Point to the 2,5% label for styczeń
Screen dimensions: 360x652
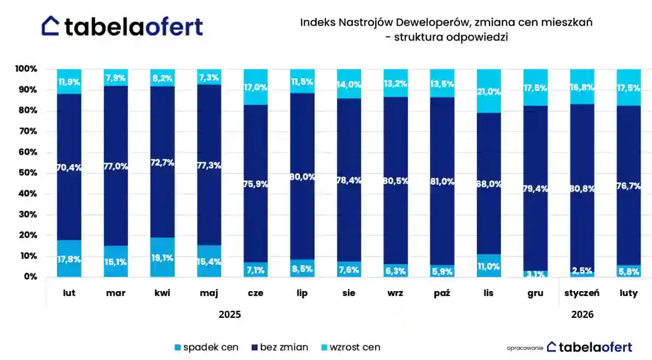click(x=582, y=270)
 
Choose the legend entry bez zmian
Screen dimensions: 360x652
click(x=278, y=347)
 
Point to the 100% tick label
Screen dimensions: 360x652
click(x=25, y=69)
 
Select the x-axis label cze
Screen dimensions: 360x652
click(x=255, y=293)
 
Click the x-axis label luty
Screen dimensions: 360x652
click(x=629, y=293)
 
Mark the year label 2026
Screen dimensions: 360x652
click(x=583, y=315)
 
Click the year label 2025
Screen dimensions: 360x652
click(x=230, y=315)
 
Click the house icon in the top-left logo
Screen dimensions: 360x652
click(x=51, y=25)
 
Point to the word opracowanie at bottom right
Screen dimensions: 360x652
click(x=525, y=348)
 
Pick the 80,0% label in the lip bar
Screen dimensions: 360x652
click(x=302, y=177)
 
